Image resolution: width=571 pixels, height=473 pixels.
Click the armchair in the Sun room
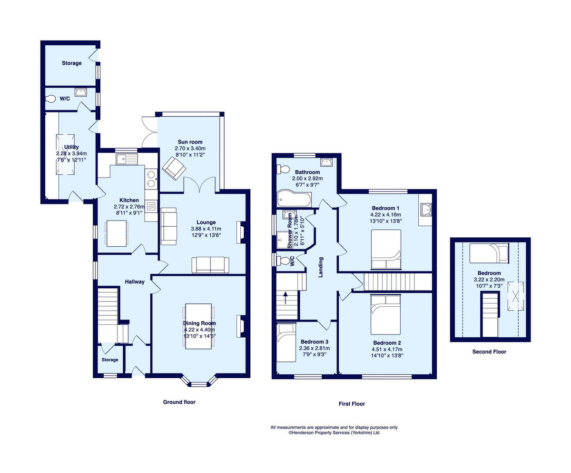click(171, 169)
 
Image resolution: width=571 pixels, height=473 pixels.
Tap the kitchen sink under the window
click(126, 158)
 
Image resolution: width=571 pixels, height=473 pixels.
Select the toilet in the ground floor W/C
click(51, 99)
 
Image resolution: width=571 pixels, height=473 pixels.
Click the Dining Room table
click(198, 325)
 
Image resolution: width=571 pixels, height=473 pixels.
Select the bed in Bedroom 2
click(386, 314)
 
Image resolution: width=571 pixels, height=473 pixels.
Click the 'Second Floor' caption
click(489, 352)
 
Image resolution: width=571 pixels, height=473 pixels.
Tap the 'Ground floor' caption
click(179, 402)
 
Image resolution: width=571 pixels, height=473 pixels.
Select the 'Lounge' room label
click(206, 222)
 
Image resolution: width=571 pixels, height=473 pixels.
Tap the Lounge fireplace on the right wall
click(242, 232)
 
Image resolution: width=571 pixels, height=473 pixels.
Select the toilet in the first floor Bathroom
click(284, 169)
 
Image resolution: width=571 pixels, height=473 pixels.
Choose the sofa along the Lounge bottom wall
click(210, 265)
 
